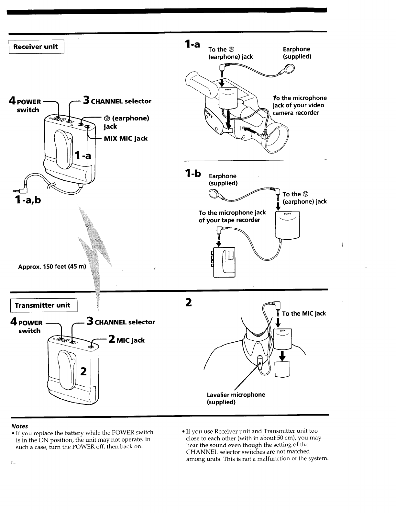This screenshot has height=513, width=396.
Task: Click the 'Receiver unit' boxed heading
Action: click(x=35, y=47)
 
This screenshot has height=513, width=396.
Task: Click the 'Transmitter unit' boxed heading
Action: click(x=42, y=305)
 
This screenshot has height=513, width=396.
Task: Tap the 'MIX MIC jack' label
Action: click(x=126, y=139)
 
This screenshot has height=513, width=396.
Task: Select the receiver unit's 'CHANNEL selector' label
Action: click(x=121, y=101)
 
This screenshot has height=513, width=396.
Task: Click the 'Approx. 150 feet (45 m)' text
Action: click(x=52, y=267)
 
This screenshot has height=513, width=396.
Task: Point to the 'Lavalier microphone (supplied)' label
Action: click(x=236, y=398)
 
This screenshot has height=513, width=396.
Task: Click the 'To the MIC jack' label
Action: click(x=304, y=313)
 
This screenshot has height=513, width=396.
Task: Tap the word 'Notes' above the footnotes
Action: click(x=19, y=426)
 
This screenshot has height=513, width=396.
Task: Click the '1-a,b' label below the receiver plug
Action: click(x=27, y=200)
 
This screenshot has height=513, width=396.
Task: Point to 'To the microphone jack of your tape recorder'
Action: click(x=232, y=216)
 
